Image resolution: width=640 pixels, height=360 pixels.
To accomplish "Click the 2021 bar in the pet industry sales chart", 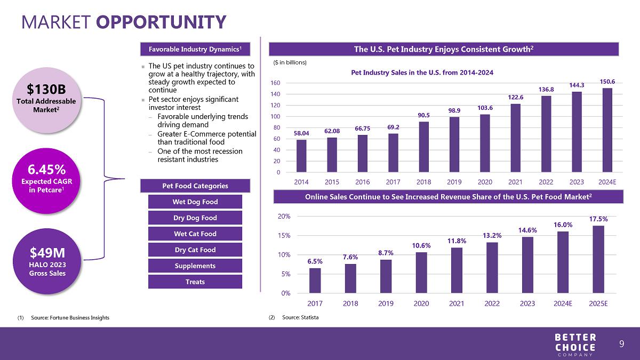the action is (x=515, y=138).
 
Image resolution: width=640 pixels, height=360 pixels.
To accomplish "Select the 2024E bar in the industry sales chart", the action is (x=607, y=130).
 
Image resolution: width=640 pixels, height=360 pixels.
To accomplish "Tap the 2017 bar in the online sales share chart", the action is (x=315, y=281).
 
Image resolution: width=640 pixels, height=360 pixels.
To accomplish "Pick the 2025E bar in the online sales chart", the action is (x=598, y=259).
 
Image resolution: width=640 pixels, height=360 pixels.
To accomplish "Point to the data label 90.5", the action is (x=423, y=115).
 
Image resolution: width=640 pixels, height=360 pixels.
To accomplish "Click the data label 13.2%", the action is (x=492, y=235).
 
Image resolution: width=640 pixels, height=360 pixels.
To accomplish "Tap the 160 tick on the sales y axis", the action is (x=275, y=83).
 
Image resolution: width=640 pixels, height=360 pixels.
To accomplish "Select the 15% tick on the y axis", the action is (x=284, y=236).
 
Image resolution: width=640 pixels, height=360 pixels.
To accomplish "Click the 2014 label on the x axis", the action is (x=301, y=182).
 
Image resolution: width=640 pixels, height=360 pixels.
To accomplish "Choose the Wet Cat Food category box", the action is (x=195, y=234).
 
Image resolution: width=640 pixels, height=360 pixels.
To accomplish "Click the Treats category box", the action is (x=195, y=282).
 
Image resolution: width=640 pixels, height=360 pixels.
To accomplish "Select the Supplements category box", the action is (x=195, y=266).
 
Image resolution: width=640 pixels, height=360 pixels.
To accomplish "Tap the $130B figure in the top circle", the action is (x=46, y=89).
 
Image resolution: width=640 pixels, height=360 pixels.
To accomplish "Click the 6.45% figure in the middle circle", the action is (x=46, y=170).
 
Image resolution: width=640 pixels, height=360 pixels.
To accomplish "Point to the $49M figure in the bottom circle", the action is (x=47, y=253).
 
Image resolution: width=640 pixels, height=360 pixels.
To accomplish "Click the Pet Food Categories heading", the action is (x=195, y=186).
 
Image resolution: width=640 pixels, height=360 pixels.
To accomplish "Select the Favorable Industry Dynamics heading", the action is (x=195, y=49).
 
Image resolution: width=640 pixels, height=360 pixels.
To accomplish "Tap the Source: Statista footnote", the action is (x=300, y=317).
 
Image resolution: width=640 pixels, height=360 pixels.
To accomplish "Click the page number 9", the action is (x=622, y=343).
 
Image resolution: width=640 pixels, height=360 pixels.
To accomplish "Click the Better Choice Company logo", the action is (x=575, y=345).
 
